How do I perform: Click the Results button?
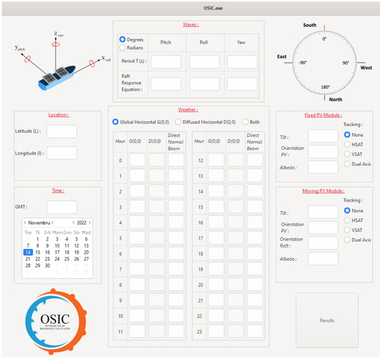point(326,320)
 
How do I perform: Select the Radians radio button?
point(123,48)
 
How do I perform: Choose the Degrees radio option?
point(123,40)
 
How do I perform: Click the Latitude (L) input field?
point(61,131)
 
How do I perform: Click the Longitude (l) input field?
point(61,153)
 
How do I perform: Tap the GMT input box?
point(61,207)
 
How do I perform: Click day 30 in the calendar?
point(47,265)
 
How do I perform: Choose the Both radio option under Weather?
point(246,122)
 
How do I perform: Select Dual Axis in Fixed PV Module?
point(348,164)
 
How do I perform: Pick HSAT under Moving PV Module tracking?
point(348,220)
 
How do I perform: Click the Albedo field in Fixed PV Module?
point(322,167)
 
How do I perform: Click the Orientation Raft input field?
point(322,243)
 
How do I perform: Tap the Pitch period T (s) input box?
point(166,62)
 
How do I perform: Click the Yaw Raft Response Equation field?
point(242,83)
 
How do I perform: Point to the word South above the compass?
point(310,26)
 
